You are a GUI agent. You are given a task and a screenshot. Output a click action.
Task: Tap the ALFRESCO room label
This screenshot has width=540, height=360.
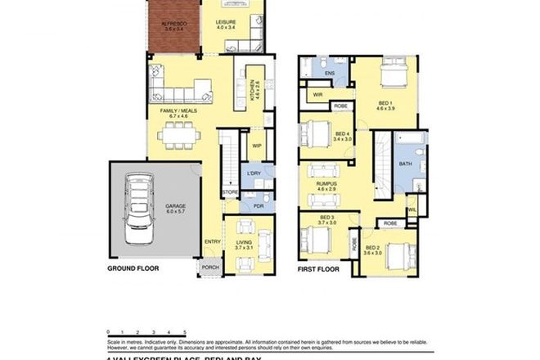pos(173,25)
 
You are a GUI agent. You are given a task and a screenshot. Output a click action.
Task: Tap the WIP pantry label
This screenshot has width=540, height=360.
pos(256,146)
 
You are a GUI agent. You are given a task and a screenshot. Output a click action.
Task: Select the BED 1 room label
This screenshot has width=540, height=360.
pos(385,104)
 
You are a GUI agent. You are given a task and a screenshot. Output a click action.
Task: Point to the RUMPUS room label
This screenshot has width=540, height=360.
pos(326,186)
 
